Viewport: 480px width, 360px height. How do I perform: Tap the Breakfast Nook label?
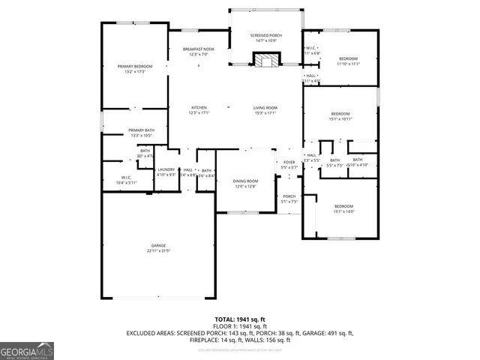[x=199, y=49]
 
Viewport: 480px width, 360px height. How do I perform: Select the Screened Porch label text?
[x=265, y=35]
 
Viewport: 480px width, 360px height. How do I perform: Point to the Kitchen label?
[x=199, y=107]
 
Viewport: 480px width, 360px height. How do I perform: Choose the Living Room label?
[x=265, y=107]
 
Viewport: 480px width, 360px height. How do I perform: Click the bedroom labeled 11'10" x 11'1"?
[x=348, y=58]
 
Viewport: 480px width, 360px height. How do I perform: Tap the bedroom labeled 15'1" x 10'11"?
[x=340, y=114]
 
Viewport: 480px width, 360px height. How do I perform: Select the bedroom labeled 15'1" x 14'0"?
[x=343, y=205]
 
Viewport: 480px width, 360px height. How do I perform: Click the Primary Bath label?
[x=141, y=130]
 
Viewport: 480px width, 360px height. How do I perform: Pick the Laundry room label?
[x=166, y=169]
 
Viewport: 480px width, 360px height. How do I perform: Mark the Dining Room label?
[x=245, y=181]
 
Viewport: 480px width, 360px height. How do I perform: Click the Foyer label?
[x=289, y=162]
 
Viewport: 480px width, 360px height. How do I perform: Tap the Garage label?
[x=158, y=245]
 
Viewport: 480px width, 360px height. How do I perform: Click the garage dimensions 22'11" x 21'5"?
[x=158, y=250]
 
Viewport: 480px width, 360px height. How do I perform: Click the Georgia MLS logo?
[x=27, y=350]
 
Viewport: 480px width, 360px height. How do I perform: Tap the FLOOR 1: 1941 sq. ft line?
[x=240, y=326]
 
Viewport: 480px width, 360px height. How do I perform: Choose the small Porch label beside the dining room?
[x=289, y=196]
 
